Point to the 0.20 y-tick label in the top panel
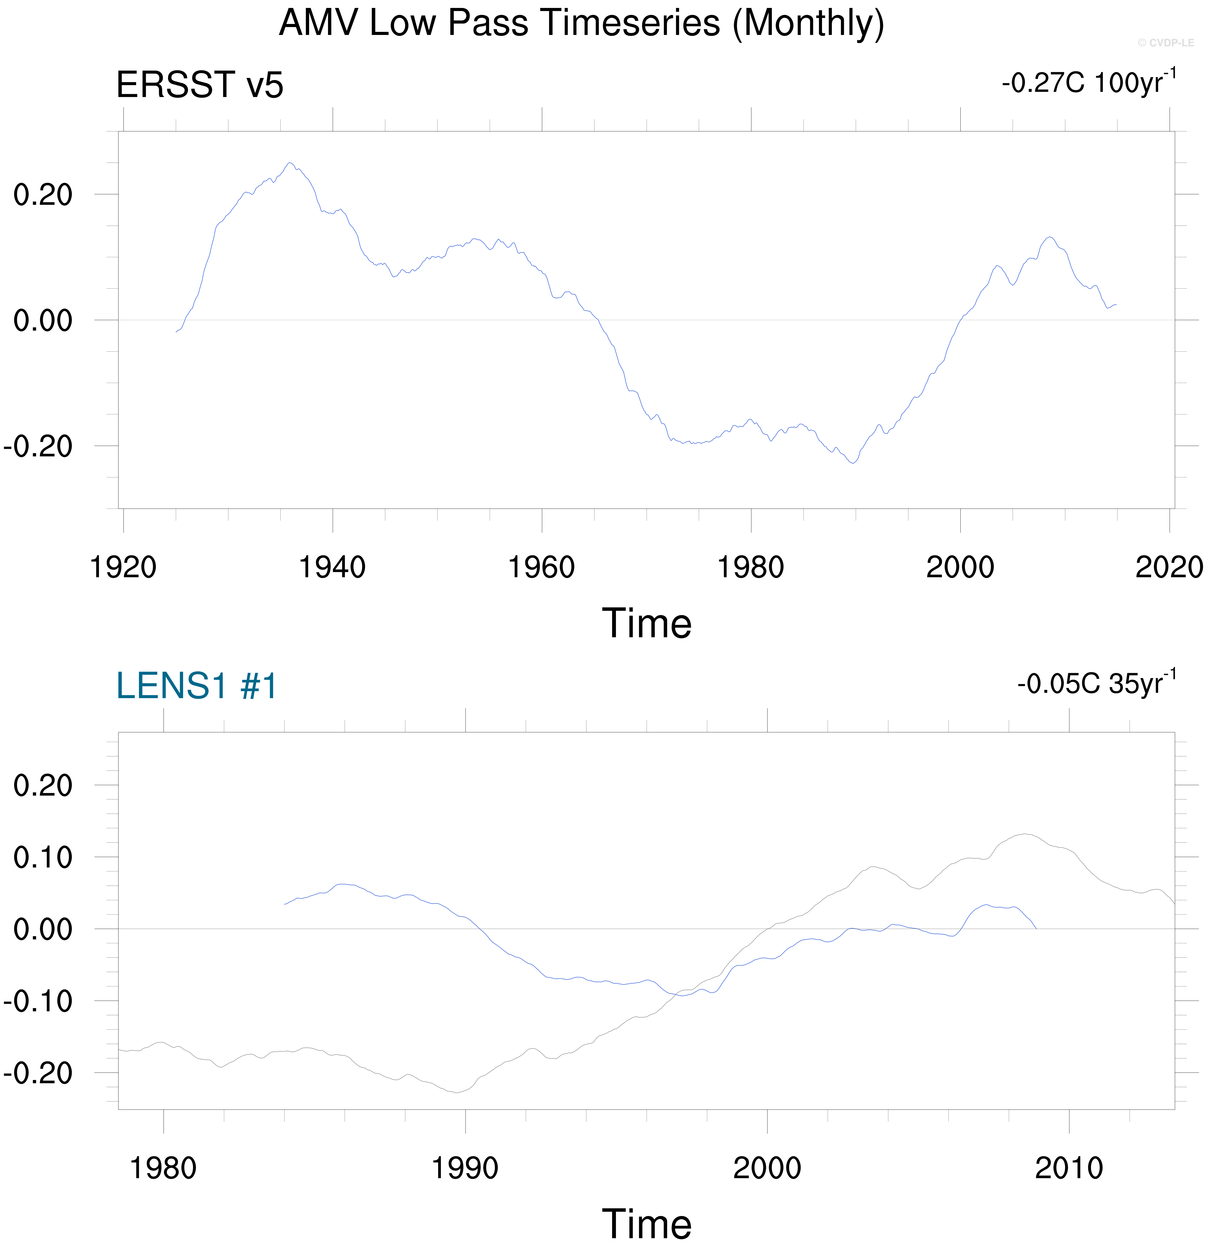pos(43,195)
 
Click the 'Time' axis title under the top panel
pos(646,624)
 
